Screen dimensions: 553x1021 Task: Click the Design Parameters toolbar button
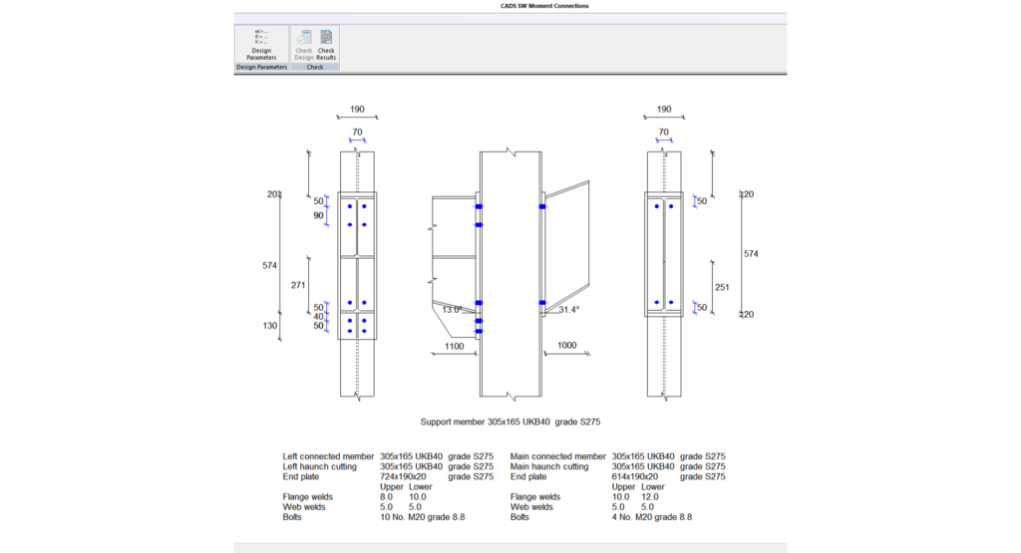(261, 45)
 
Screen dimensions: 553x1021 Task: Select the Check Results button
(326, 45)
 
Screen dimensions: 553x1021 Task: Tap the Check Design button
(303, 45)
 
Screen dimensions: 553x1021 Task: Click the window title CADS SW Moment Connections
(544, 6)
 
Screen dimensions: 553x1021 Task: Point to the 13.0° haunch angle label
(452, 310)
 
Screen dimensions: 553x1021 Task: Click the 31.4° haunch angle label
(569, 310)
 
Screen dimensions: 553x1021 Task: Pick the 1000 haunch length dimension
(566, 345)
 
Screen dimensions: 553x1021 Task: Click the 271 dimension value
(297, 284)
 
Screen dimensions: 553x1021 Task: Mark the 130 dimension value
(270, 326)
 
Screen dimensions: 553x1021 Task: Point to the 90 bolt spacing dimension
(319, 215)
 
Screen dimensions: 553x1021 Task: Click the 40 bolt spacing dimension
(319, 317)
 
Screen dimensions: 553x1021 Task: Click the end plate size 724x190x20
(403, 476)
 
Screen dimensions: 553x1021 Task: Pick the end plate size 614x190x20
(635, 476)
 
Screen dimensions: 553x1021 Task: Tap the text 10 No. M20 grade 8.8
(423, 517)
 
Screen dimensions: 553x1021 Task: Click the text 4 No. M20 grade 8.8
(652, 517)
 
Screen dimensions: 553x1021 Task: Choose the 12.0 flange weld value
(648, 496)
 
